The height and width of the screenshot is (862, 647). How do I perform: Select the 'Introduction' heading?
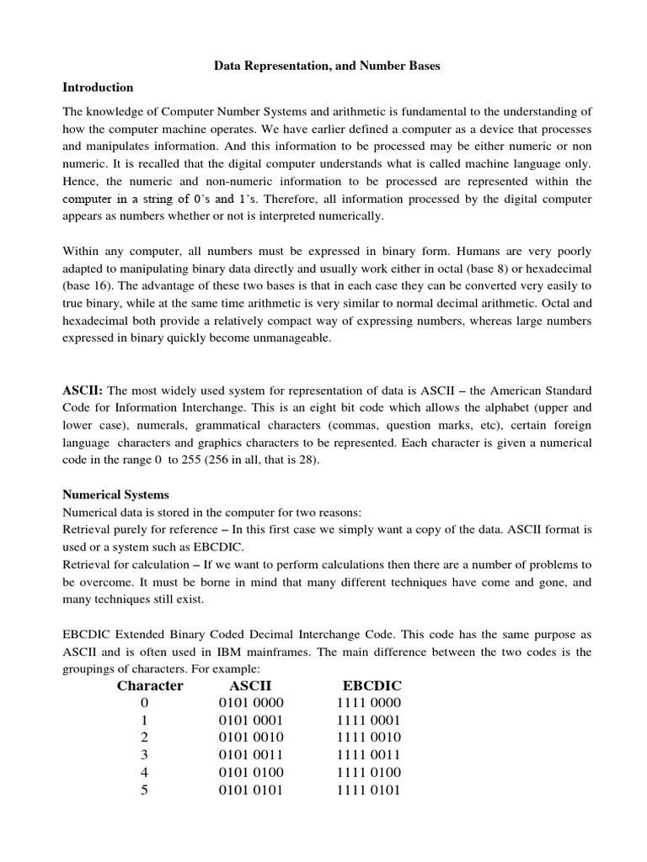click(98, 88)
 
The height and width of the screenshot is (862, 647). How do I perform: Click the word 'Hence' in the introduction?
click(82, 181)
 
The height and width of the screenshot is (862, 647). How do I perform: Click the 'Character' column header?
click(150, 685)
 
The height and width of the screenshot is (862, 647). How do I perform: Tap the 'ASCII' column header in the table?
click(251, 685)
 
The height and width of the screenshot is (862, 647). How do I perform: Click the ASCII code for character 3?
click(251, 754)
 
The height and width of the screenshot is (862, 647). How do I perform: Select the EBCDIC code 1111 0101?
click(369, 790)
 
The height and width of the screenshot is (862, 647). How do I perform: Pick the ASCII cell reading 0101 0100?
click(251, 772)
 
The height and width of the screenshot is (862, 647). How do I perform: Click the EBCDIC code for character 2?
click(369, 737)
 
